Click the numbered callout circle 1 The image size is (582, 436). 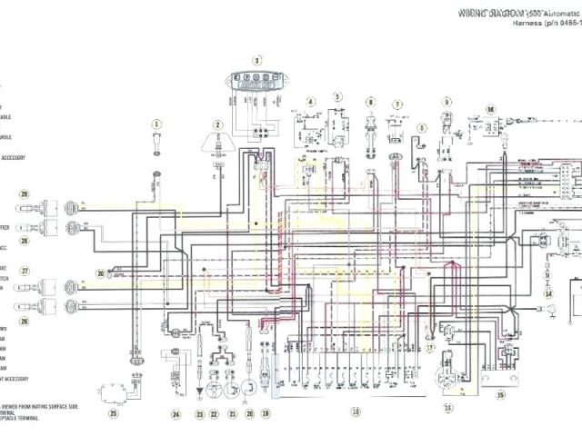point(156,124)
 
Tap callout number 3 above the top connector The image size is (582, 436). point(256,61)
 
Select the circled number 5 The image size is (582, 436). point(336,96)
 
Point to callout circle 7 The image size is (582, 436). point(397,105)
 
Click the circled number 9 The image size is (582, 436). point(447,102)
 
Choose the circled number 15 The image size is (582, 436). point(500,395)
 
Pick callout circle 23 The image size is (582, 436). point(200,413)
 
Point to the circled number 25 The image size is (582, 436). point(114,413)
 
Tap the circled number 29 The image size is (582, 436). point(25,193)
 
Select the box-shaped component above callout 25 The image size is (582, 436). point(115,391)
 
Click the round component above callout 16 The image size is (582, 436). point(446,377)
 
